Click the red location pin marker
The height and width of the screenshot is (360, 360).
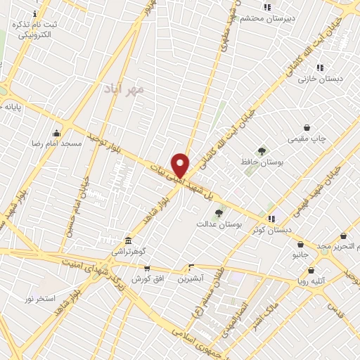(181, 165)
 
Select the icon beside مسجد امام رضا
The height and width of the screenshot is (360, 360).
(56, 132)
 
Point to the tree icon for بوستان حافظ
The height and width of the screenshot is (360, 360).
(262, 151)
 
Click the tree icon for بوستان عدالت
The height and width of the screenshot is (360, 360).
(219, 212)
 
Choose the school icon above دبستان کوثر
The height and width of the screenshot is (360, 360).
(271, 219)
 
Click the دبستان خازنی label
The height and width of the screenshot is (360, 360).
(324, 79)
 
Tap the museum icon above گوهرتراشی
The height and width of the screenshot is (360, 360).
(127, 240)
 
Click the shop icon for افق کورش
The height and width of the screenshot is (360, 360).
(146, 268)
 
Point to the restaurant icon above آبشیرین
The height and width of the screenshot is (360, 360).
(191, 267)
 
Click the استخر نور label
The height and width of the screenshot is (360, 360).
(39, 299)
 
